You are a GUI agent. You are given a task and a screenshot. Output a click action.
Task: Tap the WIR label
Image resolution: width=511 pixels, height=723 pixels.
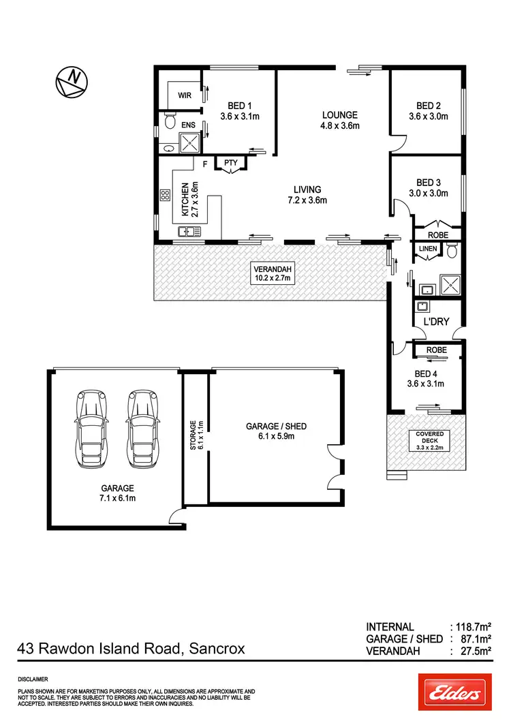coord(185,95)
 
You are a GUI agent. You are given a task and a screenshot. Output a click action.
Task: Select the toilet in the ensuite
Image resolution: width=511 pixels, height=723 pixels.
coord(169,123)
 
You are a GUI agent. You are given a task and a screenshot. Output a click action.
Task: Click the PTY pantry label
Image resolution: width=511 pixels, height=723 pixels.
coord(230,163)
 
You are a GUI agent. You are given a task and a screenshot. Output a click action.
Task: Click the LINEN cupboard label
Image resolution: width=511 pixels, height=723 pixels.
coord(428,249)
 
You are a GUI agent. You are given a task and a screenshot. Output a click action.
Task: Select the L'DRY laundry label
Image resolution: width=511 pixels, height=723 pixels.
coord(437,321)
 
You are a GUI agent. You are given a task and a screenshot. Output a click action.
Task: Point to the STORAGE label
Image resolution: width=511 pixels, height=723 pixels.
coord(196,436)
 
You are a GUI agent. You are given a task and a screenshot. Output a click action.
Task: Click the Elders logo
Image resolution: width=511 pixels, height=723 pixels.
coord(454,692)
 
